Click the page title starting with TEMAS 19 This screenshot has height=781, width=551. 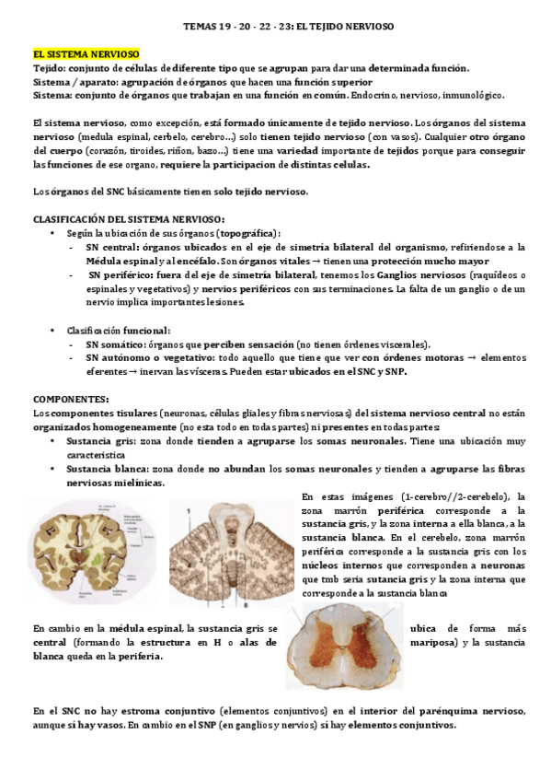pos(275,27)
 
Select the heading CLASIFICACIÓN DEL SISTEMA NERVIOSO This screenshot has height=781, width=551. pos(128,218)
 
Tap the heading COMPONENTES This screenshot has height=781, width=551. pos(70,399)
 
